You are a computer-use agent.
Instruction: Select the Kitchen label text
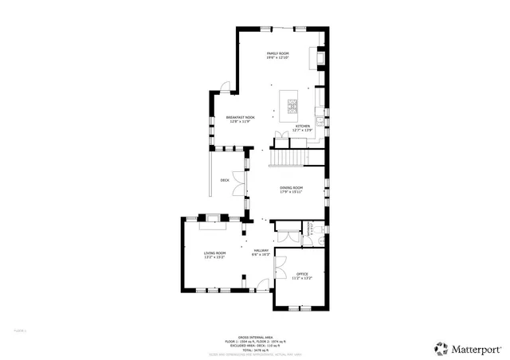pos(303,127)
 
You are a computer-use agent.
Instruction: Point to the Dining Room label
pos(291,190)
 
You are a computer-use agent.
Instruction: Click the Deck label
pos(225,181)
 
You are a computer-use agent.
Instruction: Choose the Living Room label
pos(214,255)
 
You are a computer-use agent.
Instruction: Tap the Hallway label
pos(261,252)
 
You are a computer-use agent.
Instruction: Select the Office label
pos(300,276)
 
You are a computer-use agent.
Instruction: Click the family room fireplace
pos(320,58)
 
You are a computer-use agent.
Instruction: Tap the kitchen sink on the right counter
pos(319,120)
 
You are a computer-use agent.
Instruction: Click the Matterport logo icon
pos(440,347)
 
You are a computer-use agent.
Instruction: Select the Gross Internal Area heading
pos(255,336)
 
